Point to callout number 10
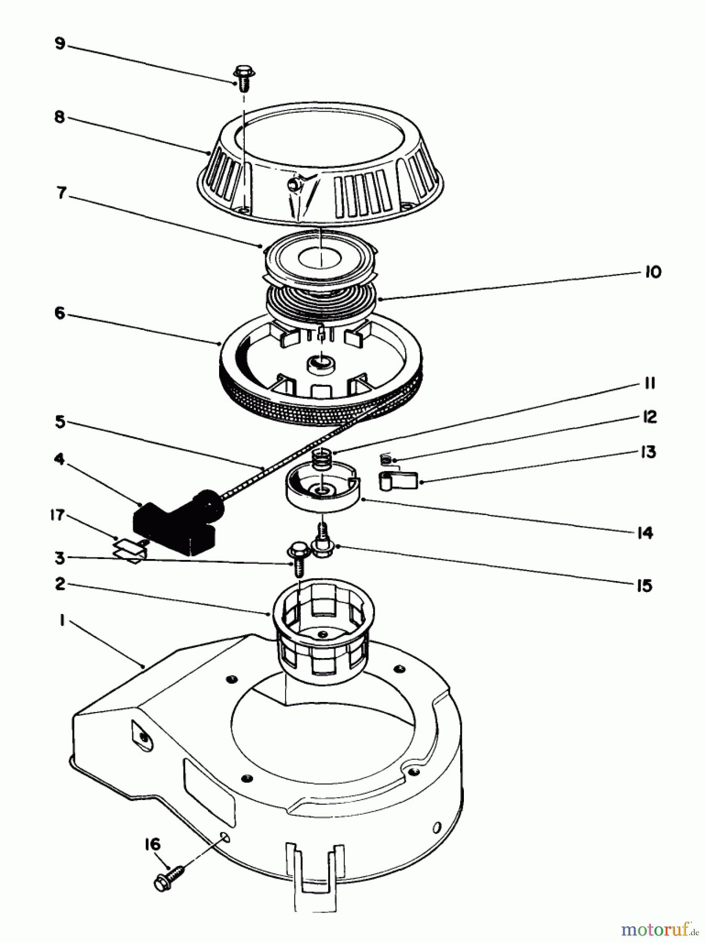(653, 272)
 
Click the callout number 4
(59, 459)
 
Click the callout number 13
(649, 452)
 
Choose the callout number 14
(644, 533)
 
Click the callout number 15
(644, 585)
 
